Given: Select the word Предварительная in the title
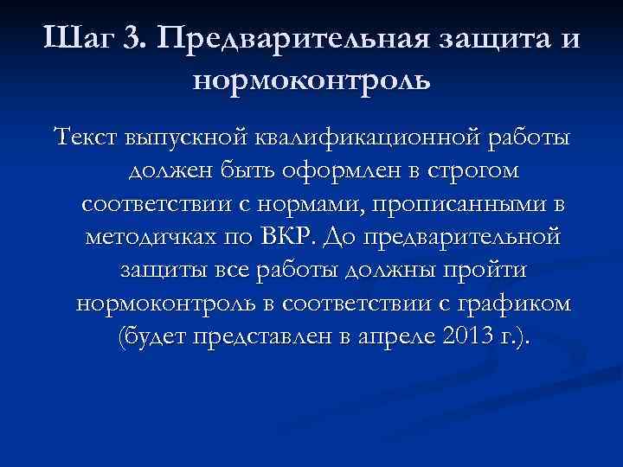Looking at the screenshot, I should pos(286,39).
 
